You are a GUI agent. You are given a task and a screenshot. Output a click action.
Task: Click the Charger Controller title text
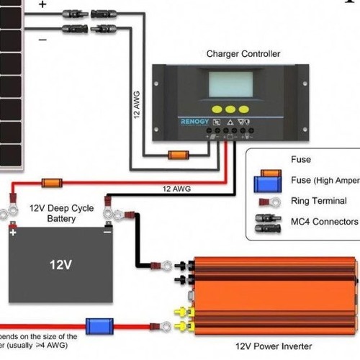coord(243,54)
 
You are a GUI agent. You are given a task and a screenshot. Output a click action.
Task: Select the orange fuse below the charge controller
coord(178,154)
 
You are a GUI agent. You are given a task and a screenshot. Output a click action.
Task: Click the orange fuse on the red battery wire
coord(51,183)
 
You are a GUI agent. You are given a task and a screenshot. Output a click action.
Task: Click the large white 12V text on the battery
coord(60,265)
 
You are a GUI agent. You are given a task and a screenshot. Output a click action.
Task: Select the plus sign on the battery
coord(12,232)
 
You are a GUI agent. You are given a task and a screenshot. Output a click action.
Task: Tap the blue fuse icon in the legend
coord(267,182)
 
